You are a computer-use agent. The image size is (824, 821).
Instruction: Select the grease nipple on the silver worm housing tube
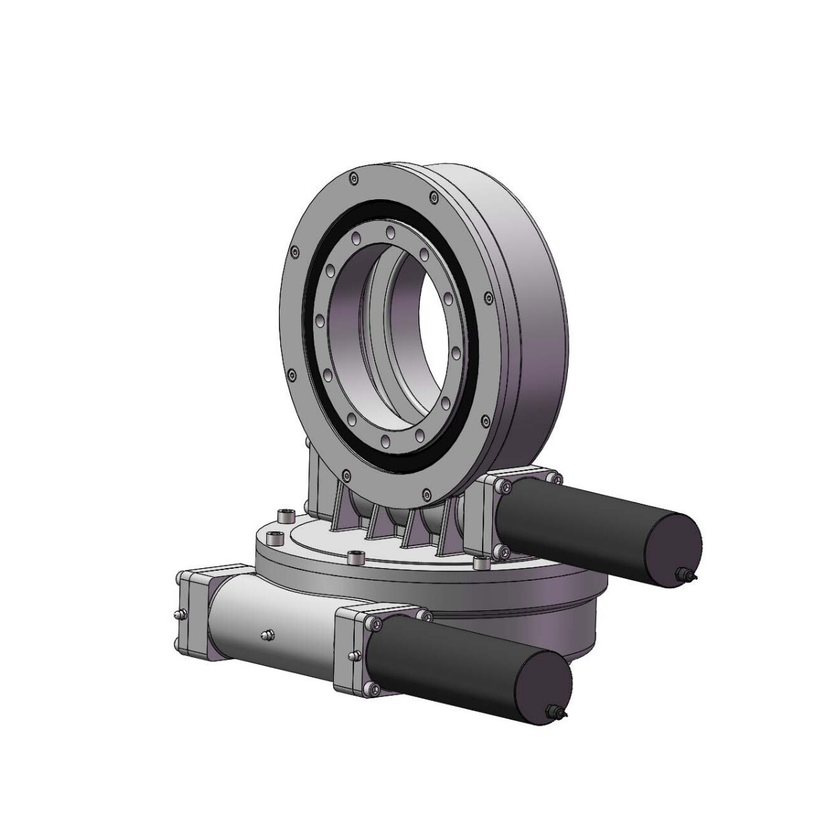[267, 635]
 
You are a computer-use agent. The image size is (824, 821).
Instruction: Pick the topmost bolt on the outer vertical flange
[353, 178]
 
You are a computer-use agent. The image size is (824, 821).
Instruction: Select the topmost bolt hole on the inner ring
[390, 233]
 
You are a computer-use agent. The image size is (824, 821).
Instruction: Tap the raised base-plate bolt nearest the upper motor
[479, 563]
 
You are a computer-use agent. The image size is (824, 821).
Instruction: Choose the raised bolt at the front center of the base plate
[355, 557]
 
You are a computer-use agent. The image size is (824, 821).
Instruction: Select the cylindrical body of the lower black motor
[456, 664]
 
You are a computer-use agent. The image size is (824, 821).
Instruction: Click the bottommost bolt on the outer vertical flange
[345, 476]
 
